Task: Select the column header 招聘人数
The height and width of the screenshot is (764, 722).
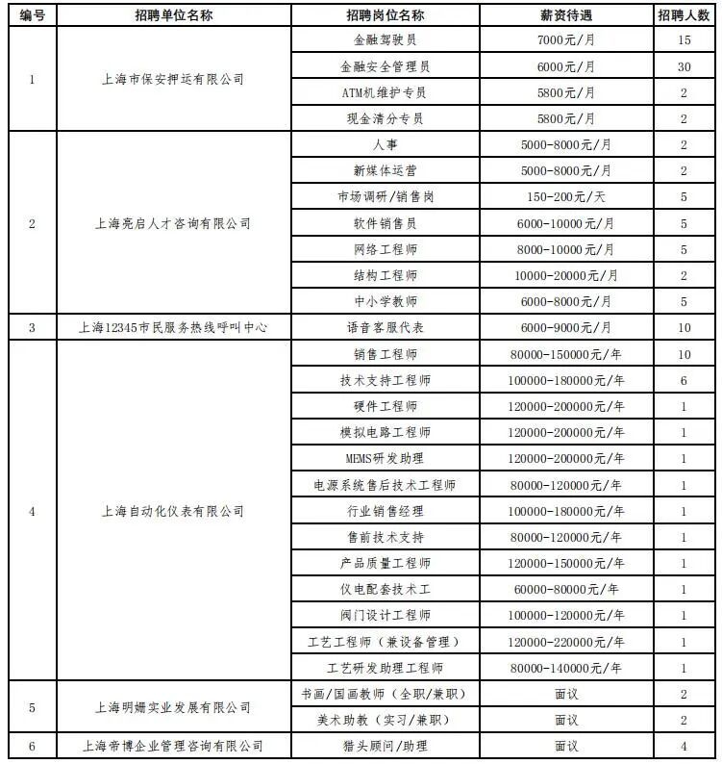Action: coord(684,15)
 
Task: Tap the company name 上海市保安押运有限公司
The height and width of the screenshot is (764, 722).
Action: coord(173,80)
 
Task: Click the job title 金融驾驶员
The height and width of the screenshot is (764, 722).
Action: coord(385,41)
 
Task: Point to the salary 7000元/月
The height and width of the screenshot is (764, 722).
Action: coord(565,41)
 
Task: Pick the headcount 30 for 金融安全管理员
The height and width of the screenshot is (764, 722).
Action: coord(684,67)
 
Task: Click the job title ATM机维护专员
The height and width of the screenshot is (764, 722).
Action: coord(385,93)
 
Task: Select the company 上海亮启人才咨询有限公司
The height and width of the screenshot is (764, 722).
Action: coord(173,223)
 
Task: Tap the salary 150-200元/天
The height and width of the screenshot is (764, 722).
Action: coord(565,197)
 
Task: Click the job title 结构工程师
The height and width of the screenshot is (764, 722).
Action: coord(385,275)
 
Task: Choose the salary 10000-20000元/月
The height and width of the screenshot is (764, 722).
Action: coord(565,275)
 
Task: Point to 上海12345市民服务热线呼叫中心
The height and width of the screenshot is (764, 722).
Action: coord(173,327)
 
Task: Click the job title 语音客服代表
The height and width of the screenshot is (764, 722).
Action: coord(385,327)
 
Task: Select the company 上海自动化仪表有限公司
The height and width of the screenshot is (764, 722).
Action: coord(173,511)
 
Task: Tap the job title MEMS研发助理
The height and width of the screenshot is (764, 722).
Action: coord(385,458)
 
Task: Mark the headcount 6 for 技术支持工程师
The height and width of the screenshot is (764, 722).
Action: coord(684,380)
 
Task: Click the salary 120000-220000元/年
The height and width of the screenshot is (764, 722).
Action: coord(565,642)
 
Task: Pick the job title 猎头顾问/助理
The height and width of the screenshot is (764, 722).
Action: coord(385,746)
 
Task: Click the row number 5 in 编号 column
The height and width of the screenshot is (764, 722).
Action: coord(32,707)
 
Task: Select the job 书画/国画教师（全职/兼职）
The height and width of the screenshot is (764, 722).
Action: coord(385,694)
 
